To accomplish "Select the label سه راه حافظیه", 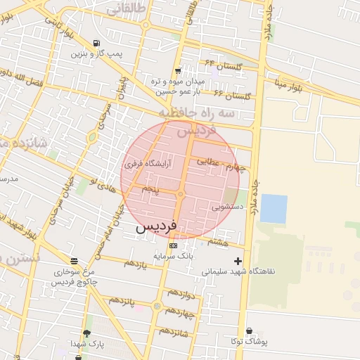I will [x=195, y=112].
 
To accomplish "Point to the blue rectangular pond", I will [x=274, y=208].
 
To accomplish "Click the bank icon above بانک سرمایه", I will [x=173, y=245].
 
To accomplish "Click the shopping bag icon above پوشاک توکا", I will [x=249, y=331].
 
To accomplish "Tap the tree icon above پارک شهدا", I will [x=86, y=333].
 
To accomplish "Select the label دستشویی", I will [x=228, y=207].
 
